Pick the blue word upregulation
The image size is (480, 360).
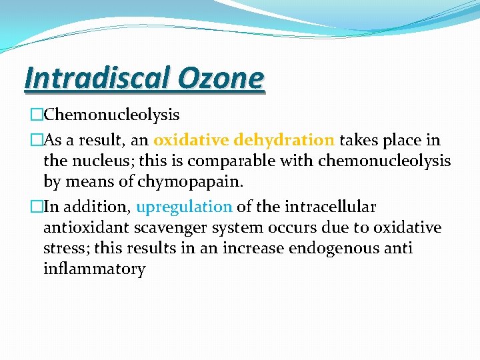coord(184,207)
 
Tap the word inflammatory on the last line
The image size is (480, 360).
coord(94,269)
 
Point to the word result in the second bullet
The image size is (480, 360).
coord(87,141)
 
